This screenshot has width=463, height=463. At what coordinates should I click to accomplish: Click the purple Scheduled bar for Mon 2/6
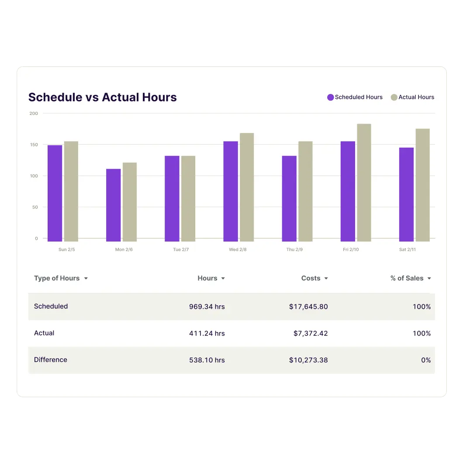pyautogui.click(x=113, y=205)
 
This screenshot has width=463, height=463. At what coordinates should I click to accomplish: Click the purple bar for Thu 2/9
pyautogui.click(x=289, y=198)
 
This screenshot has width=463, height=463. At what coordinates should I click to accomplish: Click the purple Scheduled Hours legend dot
pyautogui.click(x=331, y=97)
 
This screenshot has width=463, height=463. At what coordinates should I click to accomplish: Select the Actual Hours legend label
pyautogui.click(x=416, y=97)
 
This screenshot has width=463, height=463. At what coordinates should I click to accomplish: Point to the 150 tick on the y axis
pyautogui.click(x=34, y=145)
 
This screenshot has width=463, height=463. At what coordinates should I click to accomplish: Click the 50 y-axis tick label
pyautogui.click(x=35, y=207)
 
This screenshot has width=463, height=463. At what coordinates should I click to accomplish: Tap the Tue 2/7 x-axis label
pyautogui.click(x=180, y=249)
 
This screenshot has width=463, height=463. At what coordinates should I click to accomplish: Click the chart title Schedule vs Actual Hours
pyautogui.click(x=103, y=97)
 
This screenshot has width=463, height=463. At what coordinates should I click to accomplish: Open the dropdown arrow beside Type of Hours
pyautogui.click(x=86, y=278)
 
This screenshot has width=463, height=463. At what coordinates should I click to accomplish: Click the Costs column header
pyautogui.click(x=311, y=278)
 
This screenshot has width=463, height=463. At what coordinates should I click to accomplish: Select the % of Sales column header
pyautogui.click(x=407, y=278)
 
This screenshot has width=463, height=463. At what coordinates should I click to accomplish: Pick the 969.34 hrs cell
pyautogui.click(x=207, y=307)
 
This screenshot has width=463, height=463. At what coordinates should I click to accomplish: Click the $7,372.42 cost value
pyautogui.click(x=310, y=333)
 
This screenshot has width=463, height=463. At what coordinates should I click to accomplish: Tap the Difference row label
pyautogui.click(x=51, y=360)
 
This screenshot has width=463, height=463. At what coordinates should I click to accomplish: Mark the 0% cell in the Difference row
pyautogui.click(x=425, y=360)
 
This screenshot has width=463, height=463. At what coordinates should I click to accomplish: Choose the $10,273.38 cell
pyautogui.click(x=308, y=360)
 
